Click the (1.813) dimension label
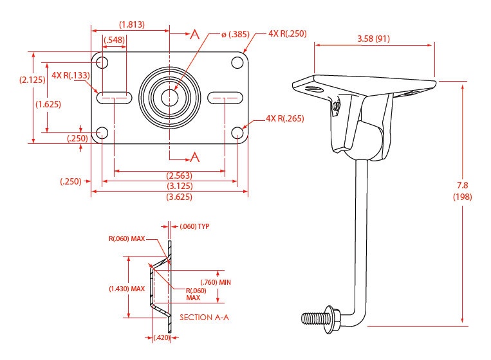click(x=131, y=24)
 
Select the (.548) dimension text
click(x=114, y=40)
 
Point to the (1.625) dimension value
click(x=49, y=104)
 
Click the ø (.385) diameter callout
click(x=236, y=34)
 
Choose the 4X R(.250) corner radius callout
click(x=288, y=33)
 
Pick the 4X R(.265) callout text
click(x=285, y=118)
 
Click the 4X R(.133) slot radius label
click(x=71, y=75)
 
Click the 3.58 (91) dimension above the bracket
click(x=373, y=38)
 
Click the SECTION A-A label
click(x=205, y=317)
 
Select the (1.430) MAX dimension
click(x=127, y=289)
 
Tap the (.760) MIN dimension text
click(x=215, y=282)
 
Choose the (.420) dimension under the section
click(x=162, y=337)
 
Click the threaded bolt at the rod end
click(x=315, y=317)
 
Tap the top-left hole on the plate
click(x=102, y=62)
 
